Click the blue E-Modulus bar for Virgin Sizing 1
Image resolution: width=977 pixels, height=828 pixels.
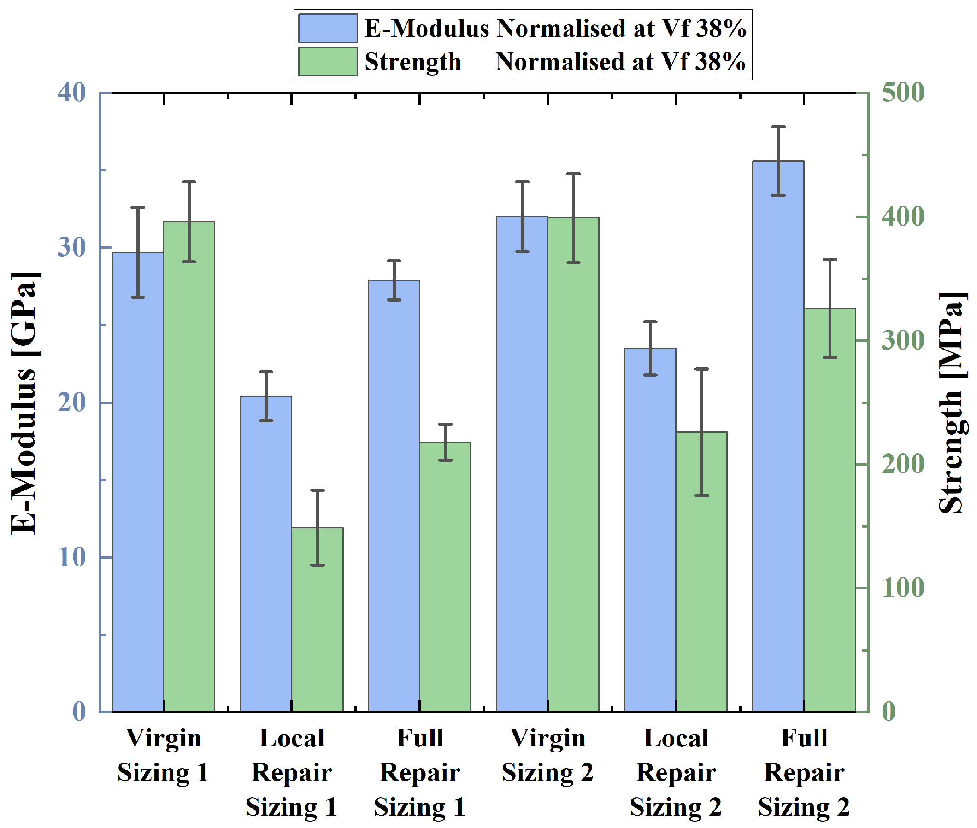click(x=138, y=482)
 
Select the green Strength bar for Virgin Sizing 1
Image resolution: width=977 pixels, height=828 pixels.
click(x=189, y=466)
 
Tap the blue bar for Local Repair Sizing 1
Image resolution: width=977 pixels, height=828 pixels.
click(x=266, y=554)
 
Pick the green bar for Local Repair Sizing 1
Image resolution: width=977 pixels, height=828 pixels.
click(x=318, y=619)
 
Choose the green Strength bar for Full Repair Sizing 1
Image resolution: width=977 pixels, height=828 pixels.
click(x=445, y=577)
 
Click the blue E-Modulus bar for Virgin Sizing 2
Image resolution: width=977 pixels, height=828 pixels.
click(x=522, y=464)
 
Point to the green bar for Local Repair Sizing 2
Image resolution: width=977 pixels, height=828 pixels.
click(x=702, y=571)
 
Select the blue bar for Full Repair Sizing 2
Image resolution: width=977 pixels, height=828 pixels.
click(x=778, y=437)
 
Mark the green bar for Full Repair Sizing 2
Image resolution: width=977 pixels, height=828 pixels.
click(x=830, y=510)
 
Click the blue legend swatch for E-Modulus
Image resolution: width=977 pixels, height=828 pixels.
click(x=328, y=28)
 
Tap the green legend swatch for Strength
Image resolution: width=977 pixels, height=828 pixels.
click(x=328, y=61)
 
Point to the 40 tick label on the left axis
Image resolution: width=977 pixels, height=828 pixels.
click(x=72, y=92)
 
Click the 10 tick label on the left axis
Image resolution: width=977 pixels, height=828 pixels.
click(x=72, y=557)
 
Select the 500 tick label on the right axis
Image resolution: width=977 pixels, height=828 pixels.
click(x=903, y=92)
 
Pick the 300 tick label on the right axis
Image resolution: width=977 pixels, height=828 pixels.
click(x=903, y=340)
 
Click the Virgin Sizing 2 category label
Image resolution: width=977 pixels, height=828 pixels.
click(x=547, y=755)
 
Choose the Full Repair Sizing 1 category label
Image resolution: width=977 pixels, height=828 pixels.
click(x=419, y=773)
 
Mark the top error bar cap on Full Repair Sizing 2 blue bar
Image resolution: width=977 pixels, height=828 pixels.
click(x=778, y=127)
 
